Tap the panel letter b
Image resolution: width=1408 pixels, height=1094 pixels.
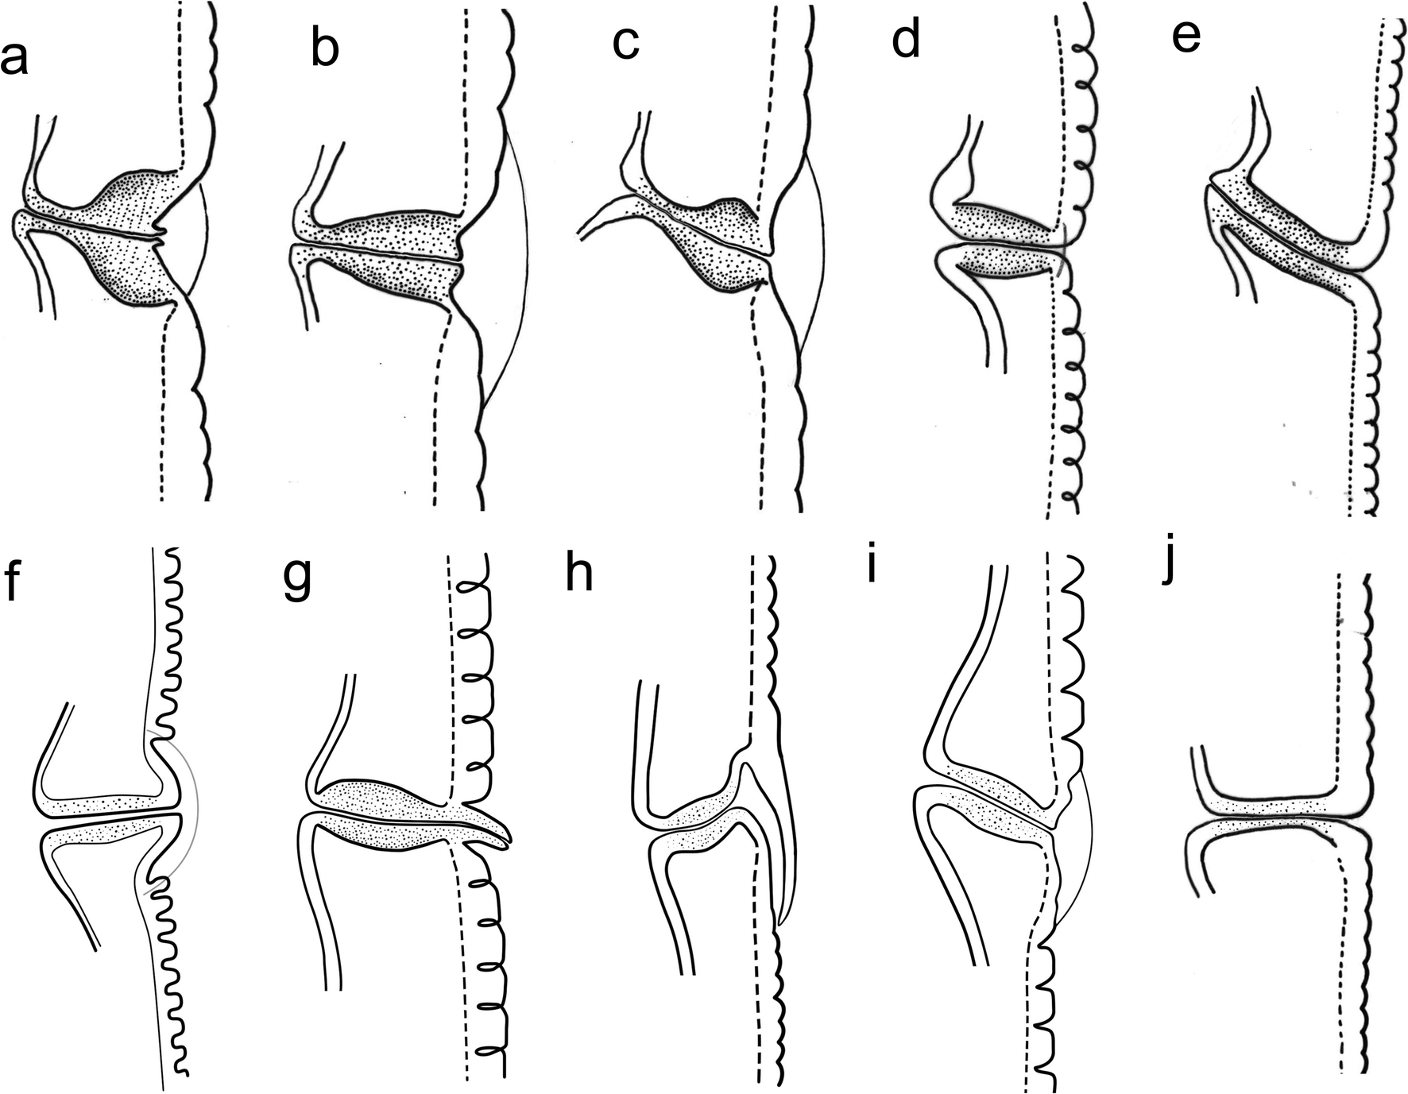point(324,49)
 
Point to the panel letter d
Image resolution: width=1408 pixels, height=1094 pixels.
point(906,40)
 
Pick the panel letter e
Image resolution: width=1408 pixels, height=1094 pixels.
point(1186,37)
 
